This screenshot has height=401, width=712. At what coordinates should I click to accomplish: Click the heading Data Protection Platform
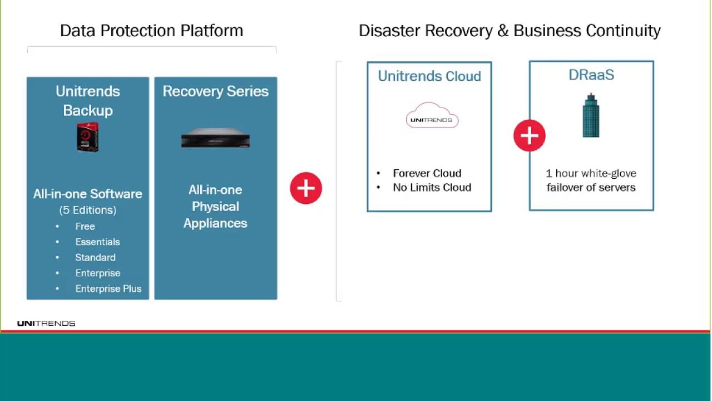(x=151, y=31)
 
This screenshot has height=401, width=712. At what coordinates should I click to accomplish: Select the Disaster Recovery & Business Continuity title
(x=510, y=31)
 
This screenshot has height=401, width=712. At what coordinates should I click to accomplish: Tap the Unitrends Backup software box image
(x=88, y=137)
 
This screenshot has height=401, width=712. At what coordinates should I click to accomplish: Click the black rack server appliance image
(x=215, y=139)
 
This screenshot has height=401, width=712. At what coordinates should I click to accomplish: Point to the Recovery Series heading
(x=215, y=91)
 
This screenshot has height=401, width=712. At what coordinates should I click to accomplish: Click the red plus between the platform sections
(x=306, y=188)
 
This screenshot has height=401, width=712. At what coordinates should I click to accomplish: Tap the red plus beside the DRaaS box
(x=529, y=135)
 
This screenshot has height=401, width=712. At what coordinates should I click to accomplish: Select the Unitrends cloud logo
(x=432, y=116)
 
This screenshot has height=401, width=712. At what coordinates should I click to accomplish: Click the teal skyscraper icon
(x=591, y=116)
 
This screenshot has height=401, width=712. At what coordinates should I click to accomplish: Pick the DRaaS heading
(x=591, y=75)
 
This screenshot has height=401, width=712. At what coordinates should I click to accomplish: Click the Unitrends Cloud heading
(x=429, y=76)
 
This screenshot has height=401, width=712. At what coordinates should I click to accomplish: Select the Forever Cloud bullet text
(x=427, y=173)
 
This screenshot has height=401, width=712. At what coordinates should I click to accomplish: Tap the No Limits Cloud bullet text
(x=432, y=188)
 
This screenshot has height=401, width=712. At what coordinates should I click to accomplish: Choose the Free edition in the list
(x=85, y=226)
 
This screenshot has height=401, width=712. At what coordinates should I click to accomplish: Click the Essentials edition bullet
(x=97, y=242)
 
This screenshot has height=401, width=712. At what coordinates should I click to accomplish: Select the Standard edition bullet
(x=95, y=257)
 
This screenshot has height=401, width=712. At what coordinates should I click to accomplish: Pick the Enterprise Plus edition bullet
(x=108, y=288)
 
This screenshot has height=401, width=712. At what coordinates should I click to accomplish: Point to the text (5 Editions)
(x=88, y=210)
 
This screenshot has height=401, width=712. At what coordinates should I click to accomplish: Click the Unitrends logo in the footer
(x=46, y=323)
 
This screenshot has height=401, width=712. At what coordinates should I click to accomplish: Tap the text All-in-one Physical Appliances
(x=215, y=207)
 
